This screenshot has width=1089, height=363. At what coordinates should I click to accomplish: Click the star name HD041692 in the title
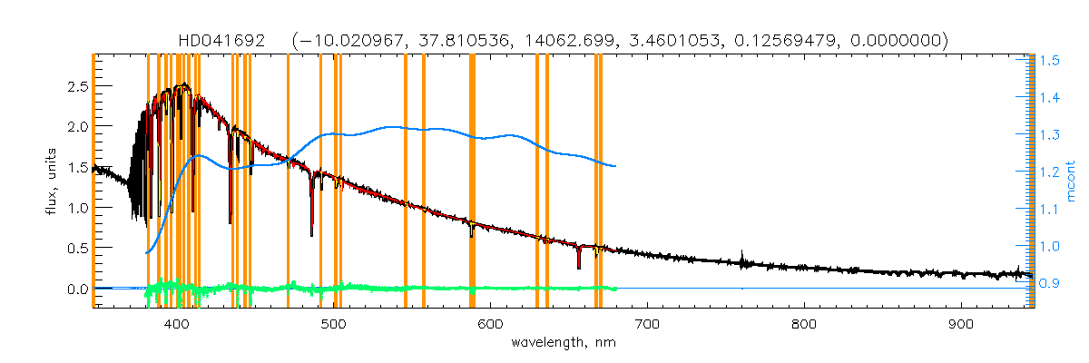click(x=222, y=40)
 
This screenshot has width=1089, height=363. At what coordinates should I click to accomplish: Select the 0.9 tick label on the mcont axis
click(x=1050, y=283)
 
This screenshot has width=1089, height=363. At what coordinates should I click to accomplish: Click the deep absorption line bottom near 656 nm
click(x=578, y=268)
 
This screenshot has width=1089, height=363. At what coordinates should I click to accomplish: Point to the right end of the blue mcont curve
click(x=616, y=166)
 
